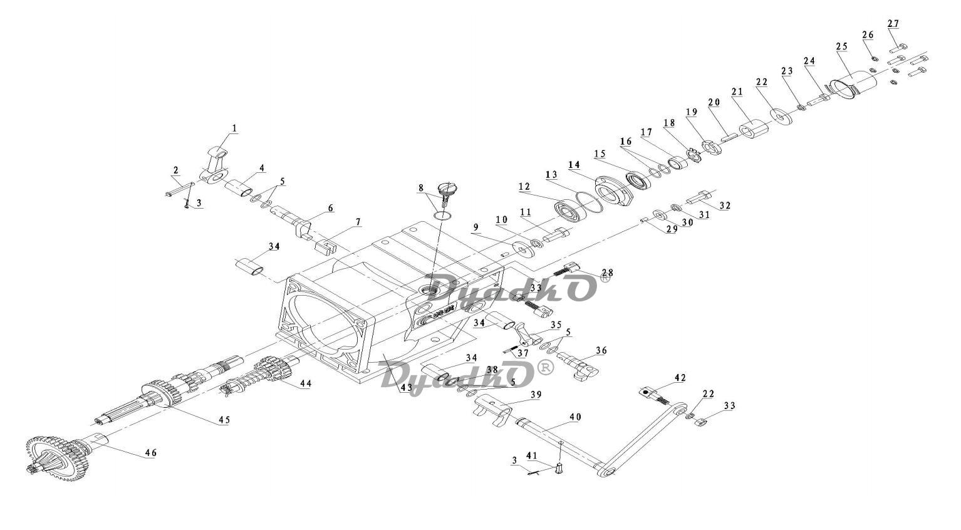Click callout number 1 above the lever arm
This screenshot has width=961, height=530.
(x=234, y=128)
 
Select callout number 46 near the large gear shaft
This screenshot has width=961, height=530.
(x=150, y=453)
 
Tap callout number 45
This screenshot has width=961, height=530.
(x=224, y=420)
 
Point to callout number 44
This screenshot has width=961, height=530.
(x=306, y=383)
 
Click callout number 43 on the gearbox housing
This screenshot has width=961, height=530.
(x=406, y=388)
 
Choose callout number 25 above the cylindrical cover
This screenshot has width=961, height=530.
(x=842, y=46)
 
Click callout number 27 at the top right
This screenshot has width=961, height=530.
(x=893, y=24)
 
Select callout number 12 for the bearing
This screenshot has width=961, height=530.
(x=524, y=187)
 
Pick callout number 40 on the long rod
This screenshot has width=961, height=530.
(x=575, y=417)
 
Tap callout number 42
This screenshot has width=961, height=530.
(x=680, y=378)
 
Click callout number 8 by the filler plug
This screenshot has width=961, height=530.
(x=421, y=188)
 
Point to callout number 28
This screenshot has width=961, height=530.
(x=607, y=273)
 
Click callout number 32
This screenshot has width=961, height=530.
(x=725, y=205)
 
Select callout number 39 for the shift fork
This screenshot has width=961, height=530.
(x=536, y=394)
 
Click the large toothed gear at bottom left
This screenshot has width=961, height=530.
(x=57, y=458)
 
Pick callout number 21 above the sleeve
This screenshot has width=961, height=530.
(x=737, y=91)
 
